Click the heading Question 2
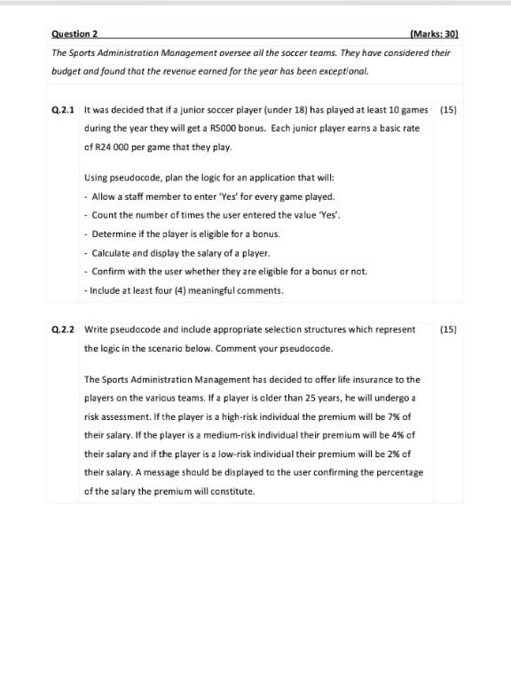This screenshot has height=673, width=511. [x=75, y=34]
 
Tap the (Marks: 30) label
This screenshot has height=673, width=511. [x=434, y=34]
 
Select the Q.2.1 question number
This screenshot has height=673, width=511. [x=63, y=110]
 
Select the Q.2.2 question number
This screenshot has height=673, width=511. [x=63, y=329]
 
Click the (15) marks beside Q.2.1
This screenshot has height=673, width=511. [x=448, y=110]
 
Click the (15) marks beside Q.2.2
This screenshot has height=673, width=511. [x=448, y=329]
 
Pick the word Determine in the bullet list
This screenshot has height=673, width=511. [x=114, y=234]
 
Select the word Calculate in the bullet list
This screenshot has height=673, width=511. [x=114, y=253]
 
